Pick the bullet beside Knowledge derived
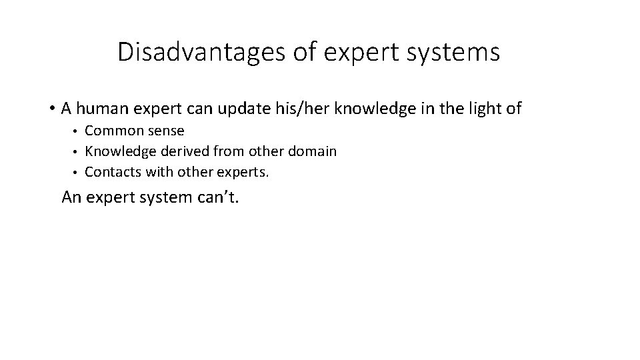pyautogui.click(x=77, y=152)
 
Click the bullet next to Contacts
pyautogui.click(x=77, y=172)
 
